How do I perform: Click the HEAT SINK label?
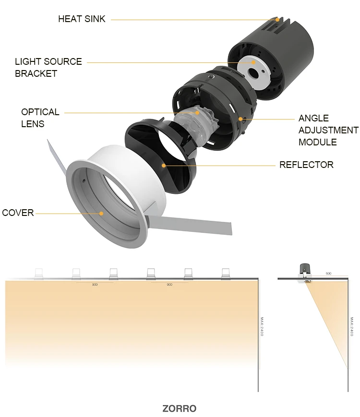pos(81,19)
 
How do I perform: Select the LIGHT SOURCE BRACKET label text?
pos(48,67)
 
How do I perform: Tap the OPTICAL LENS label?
pos(40,118)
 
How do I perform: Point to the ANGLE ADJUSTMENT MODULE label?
pos(328,130)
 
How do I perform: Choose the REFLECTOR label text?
pos(306,165)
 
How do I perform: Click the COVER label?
pos(18,213)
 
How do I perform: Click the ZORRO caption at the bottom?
pos(179,409)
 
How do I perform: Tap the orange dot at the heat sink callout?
pos(277,20)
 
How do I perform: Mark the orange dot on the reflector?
pos(164,166)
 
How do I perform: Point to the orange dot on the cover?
pos(102,213)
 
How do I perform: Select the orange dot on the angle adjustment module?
pos(240,118)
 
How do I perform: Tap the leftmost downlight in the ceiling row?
pos(38,274)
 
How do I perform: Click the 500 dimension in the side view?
pos(328,273)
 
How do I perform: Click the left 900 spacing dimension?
pos(95,285)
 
